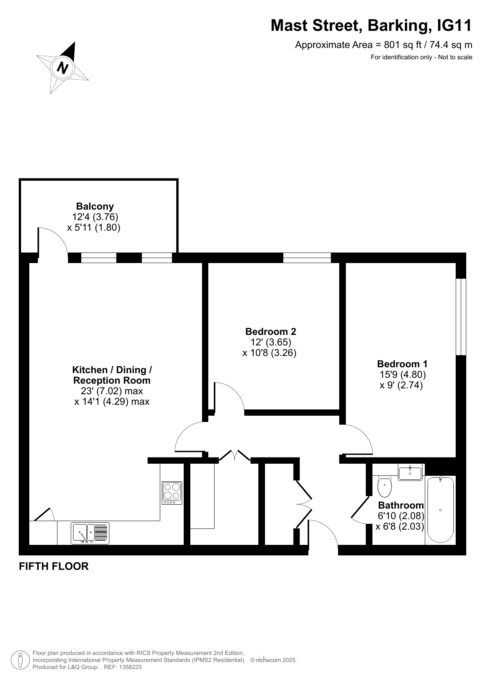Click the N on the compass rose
[63, 68]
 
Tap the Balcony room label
[95, 206]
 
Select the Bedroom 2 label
[270, 331]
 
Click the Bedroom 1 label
[402, 364]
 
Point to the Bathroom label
[401, 505]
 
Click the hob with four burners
[172, 493]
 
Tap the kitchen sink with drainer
[90, 534]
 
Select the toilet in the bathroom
[385, 486]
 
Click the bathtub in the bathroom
[440, 510]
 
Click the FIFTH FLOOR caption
[54, 566]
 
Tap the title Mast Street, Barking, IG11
[371, 26]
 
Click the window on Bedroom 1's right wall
[461, 317]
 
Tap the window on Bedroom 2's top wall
[307, 258]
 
